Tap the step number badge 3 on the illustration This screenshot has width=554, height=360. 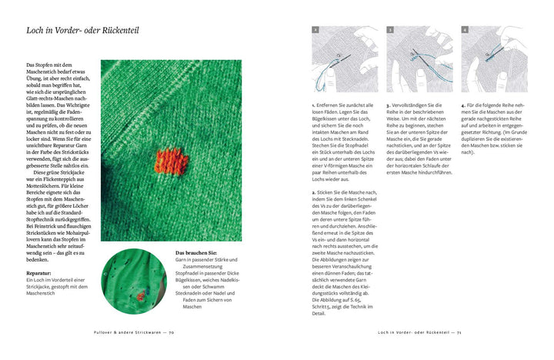click(x=391, y=30)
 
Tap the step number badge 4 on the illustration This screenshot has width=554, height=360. click(x=466, y=30)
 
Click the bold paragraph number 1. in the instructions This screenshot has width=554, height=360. click(x=313, y=105)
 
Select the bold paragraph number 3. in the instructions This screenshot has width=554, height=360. click(x=388, y=105)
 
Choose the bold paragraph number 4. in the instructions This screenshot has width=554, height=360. click(x=462, y=105)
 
